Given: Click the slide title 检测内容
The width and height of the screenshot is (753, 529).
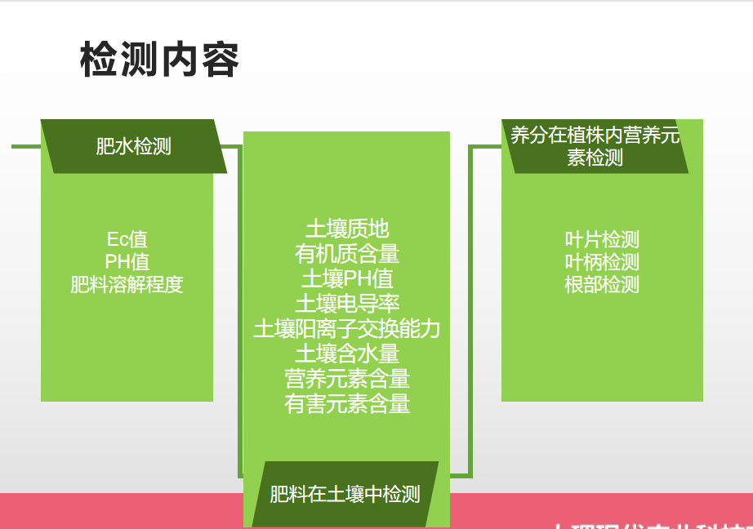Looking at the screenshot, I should (x=160, y=60).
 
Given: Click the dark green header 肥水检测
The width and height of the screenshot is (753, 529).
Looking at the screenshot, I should (x=133, y=146).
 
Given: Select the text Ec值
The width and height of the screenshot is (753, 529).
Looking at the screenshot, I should (x=127, y=240).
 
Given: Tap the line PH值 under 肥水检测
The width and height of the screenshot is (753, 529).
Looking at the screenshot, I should (x=127, y=262).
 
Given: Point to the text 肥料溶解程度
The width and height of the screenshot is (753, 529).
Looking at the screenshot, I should (x=127, y=284).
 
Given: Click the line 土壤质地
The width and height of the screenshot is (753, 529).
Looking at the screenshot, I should (x=347, y=229).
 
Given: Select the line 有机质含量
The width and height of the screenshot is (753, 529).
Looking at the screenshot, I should (x=347, y=254).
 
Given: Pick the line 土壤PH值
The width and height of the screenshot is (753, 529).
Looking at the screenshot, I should (x=347, y=278).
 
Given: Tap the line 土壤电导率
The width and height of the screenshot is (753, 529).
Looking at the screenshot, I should (x=347, y=304).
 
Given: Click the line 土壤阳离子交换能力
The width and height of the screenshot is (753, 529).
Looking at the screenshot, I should (x=347, y=328).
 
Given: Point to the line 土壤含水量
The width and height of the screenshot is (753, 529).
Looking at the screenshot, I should (x=347, y=353).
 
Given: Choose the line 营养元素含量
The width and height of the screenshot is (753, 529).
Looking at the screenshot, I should (x=347, y=378).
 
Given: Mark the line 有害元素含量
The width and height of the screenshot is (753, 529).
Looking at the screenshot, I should (x=347, y=403).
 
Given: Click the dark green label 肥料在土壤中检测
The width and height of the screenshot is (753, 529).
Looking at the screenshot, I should (x=345, y=494).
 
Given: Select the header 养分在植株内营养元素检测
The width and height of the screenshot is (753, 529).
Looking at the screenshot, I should (x=595, y=146).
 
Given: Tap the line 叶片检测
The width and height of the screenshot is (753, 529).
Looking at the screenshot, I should (x=602, y=240).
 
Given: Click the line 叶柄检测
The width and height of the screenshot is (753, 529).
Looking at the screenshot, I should (x=602, y=262).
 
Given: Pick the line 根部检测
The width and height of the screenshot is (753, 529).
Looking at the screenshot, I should (x=602, y=284).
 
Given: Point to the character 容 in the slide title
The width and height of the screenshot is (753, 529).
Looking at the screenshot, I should (x=220, y=60).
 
